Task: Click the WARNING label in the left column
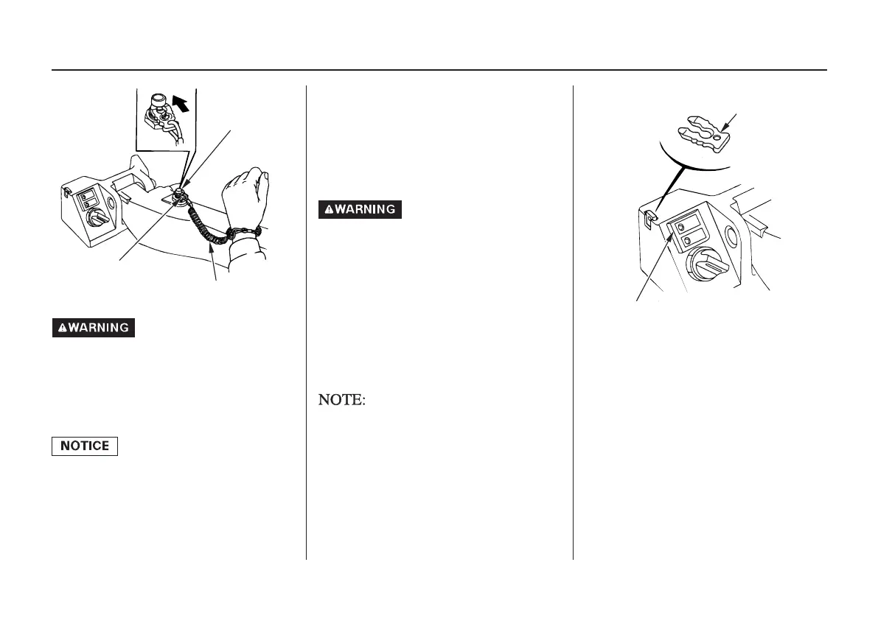pos(93,328)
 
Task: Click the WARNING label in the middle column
pos(360,209)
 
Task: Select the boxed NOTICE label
pos(84,446)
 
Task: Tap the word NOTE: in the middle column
pos(342,401)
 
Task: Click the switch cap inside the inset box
pos(157,99)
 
